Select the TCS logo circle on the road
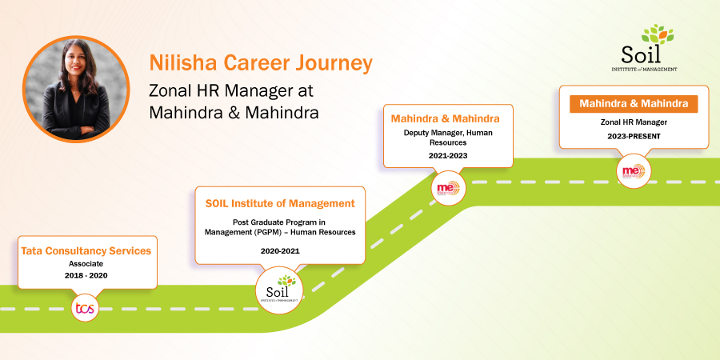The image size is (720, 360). click(x=85, y=308)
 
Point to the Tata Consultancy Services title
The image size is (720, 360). click(x=86, y=250)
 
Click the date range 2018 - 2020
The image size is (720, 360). click(x=85, y=275)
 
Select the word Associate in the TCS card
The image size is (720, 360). click(x=85, y=263)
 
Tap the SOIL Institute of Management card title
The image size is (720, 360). click(x=280, y=203)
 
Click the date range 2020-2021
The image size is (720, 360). click(x=280, y=250)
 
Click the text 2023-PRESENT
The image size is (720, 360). click(x=633, y=137)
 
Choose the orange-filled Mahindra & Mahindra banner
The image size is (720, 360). click(x=633, y=104)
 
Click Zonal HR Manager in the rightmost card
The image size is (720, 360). click(x=633, y=122)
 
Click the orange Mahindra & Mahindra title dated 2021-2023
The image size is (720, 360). click(x=447, y=118)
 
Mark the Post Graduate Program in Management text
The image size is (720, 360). click(x=280, y=226)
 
